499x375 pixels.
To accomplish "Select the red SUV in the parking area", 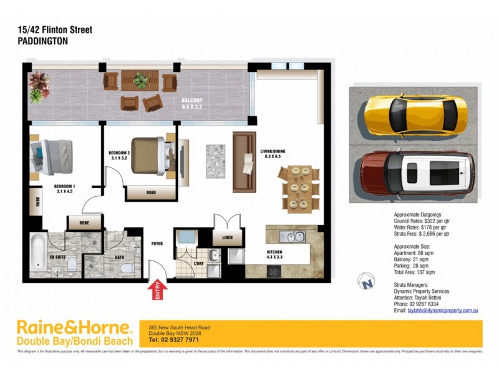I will pyautogui.click(x=414, y=173).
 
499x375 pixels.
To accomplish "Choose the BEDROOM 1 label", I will pyautogui.click(x=64, y=189).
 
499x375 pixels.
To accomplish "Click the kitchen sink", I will pyautogui.click(x=291, y=236).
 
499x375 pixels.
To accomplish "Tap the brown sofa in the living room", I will pyautogui.click(x=243, y=162).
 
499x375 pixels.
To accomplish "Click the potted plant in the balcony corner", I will pyautogui.click(x=39, y=86).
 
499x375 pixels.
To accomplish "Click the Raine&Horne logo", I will pyautogui.click(x=74, y=332).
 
